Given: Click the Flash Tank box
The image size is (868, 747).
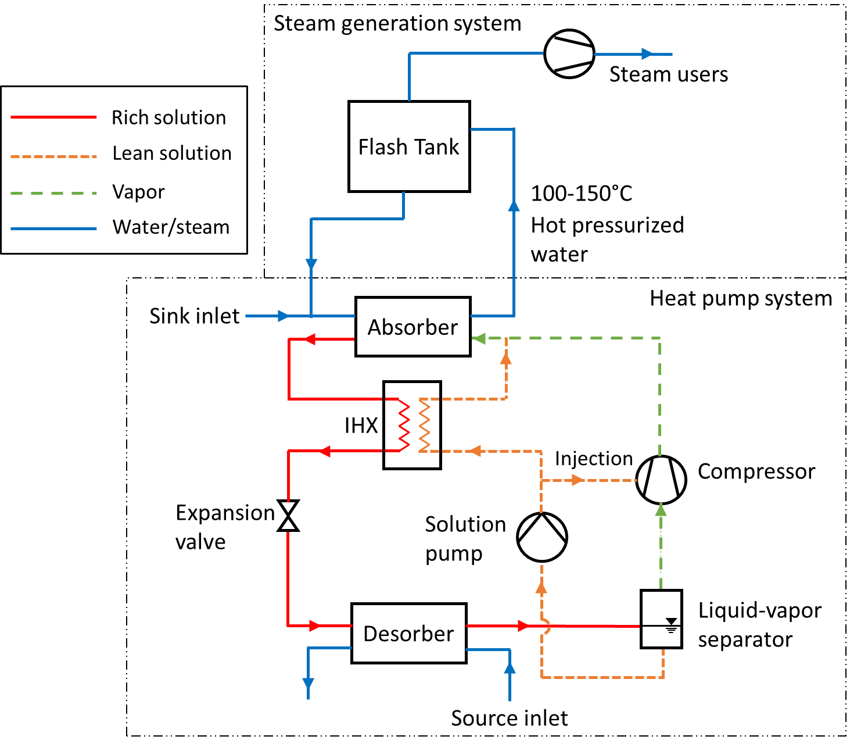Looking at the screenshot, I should coord(408,146).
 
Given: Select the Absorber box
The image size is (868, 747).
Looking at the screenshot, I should coord(413,327).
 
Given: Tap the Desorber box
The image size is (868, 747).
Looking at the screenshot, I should coord(408,633).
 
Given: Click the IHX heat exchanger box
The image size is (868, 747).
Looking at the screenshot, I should coord(412,425).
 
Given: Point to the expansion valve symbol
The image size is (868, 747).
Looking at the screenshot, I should coord(288,516).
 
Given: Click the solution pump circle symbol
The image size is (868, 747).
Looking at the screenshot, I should coord(542,537).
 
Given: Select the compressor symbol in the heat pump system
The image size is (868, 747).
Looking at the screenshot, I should coord(661,480).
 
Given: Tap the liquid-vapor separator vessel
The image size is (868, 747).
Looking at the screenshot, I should coord(661,619).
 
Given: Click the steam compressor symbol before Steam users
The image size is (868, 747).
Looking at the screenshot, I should coord(569,54).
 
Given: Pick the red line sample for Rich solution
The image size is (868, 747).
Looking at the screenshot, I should coord(53,117).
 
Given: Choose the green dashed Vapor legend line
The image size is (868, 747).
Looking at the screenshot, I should coord(53,192).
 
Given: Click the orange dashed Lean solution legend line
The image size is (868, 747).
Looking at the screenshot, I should coord(53,156).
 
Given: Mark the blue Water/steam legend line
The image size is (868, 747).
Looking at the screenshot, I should coord(53,228).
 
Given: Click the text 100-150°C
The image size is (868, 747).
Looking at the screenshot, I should coord(582,194).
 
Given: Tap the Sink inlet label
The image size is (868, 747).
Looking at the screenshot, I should coord(194,316).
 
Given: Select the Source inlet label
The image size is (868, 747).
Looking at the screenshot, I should coord(509,719).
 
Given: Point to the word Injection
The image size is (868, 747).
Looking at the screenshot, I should coord(593,459).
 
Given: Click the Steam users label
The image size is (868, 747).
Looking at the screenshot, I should coord(668,74).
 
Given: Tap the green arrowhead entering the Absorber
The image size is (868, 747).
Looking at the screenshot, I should coord(479,338).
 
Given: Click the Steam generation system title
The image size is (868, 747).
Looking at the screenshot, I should coord(397,24).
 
